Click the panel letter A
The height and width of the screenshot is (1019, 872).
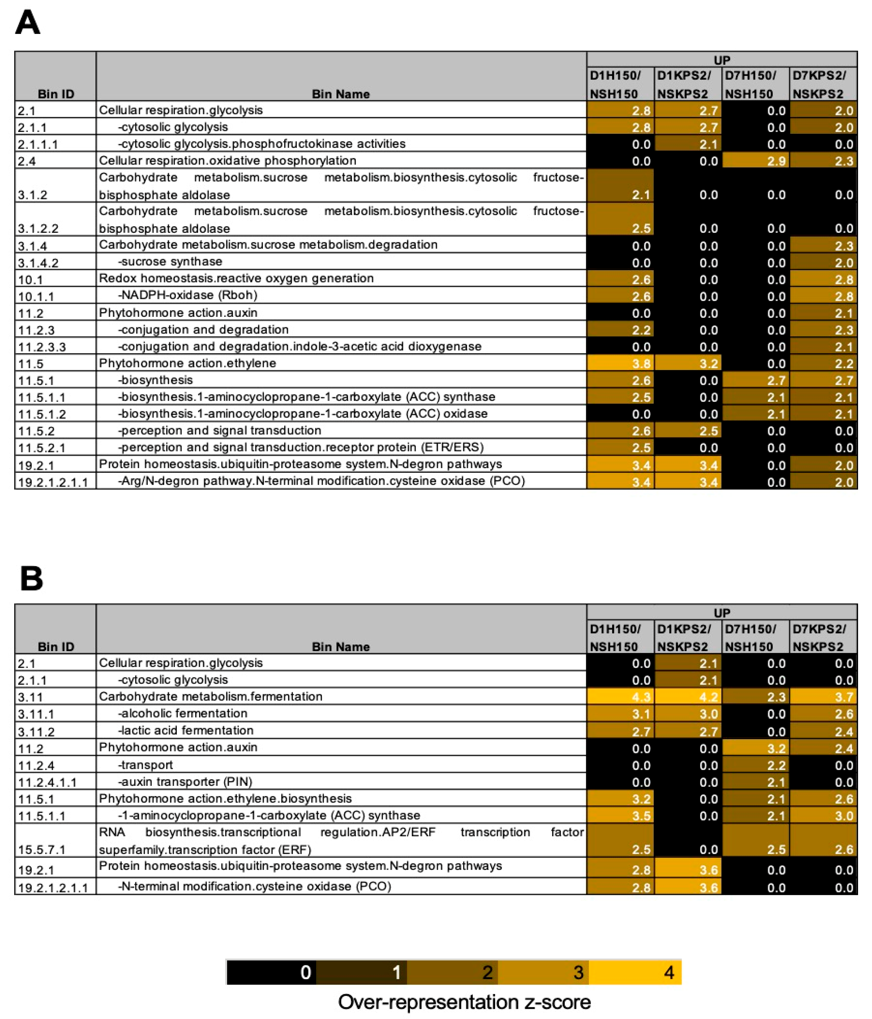[x=28, y=23]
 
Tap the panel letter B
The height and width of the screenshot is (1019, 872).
[x=31, y=578]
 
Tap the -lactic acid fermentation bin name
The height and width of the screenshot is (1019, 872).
[x=186, y=730]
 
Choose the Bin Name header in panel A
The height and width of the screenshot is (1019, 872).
[x=340, y=94]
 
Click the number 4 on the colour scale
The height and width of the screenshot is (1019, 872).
[x=669, y=972]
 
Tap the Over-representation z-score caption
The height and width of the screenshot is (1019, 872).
[x=464, y=1002]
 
